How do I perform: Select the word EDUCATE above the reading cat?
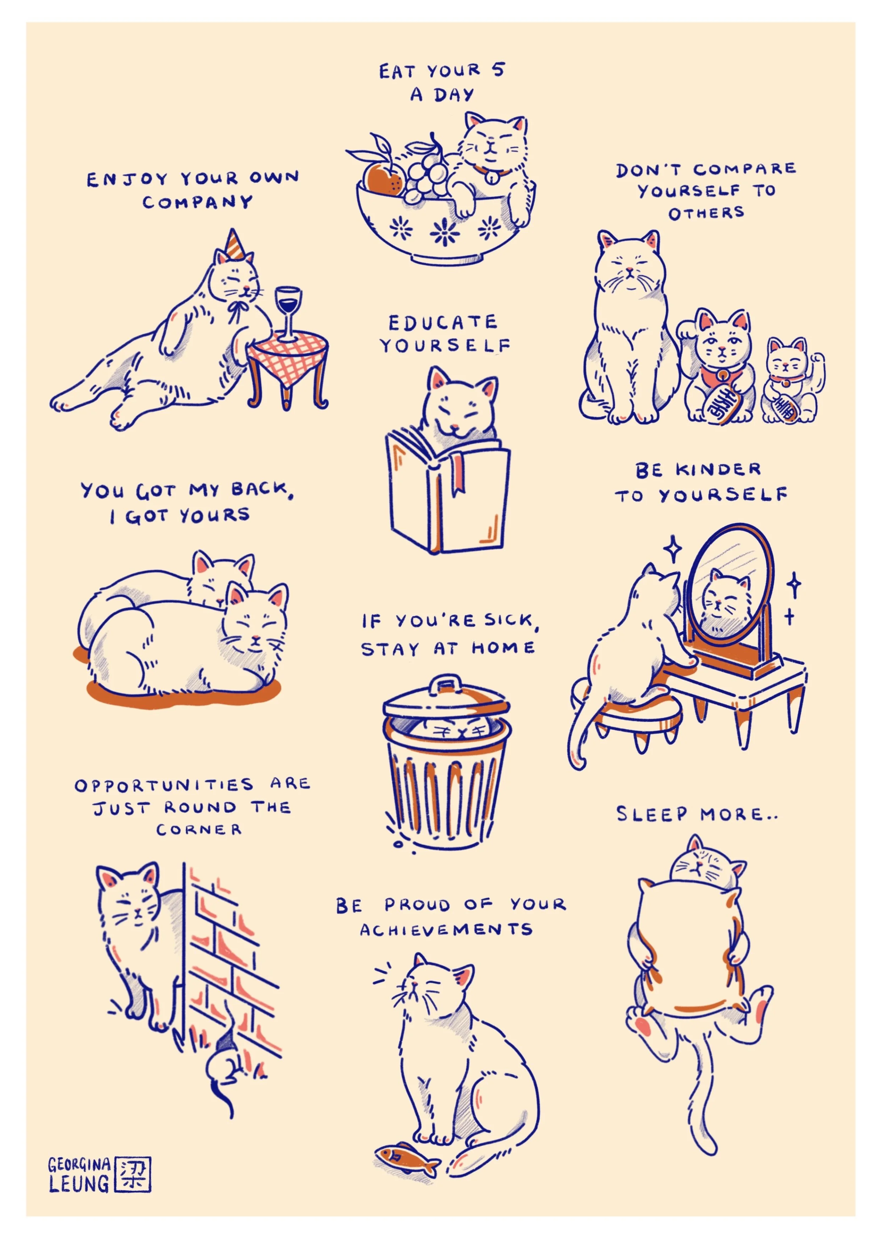(x=442, y=322)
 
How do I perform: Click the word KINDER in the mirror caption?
(x=717, y=470)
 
